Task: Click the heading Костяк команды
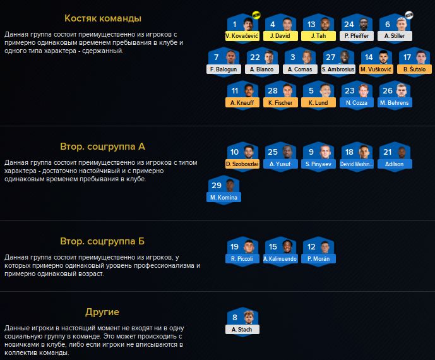pos(103,18)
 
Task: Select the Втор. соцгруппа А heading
pos(103,147)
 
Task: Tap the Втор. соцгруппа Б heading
pos(103,241)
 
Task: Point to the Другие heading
pos(103,312)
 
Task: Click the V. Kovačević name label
pos(243,37)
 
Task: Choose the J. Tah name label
pos(319,37)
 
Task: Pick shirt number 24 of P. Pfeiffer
pos(349,25)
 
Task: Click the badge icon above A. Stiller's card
pos(408,15)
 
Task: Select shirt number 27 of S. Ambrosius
pos(330,57)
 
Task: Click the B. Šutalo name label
pos(414,69)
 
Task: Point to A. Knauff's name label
pos(243,102)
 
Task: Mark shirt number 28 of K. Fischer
pos(273,91)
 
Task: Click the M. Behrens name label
pos(395,102)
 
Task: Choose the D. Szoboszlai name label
pos(243,164)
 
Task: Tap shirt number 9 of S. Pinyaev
pos(311,152)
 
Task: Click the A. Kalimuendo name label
pos(281,259)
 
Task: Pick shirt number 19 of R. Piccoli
pos(235,247)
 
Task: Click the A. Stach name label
pos(243,330)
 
